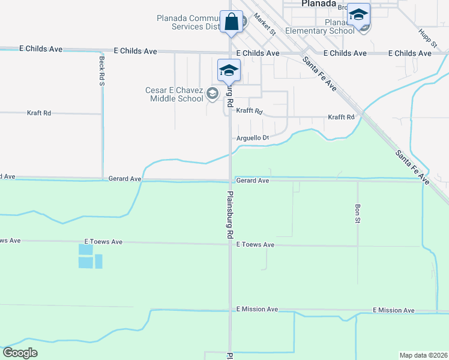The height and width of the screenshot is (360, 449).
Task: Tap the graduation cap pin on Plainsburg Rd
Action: (228, 70)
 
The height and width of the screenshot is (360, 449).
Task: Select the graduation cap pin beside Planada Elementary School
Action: (358, 15)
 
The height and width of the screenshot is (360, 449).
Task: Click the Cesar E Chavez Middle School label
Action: (174, 94)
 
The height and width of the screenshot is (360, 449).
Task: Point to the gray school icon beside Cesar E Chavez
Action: (211, 94)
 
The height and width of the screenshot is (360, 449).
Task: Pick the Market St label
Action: (264, 23)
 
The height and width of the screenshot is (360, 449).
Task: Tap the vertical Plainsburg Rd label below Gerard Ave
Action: (229, 215)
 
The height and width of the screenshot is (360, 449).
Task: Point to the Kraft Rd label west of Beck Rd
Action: (39, 113)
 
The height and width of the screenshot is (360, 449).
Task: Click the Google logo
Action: (20, 353)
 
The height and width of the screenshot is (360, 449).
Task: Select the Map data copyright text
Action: (423, 355)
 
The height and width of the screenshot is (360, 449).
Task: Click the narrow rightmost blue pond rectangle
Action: (98, 261)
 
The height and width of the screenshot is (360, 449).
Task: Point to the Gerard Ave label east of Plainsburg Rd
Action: (252, 180)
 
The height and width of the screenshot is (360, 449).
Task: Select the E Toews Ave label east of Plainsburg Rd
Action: (255, 245)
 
